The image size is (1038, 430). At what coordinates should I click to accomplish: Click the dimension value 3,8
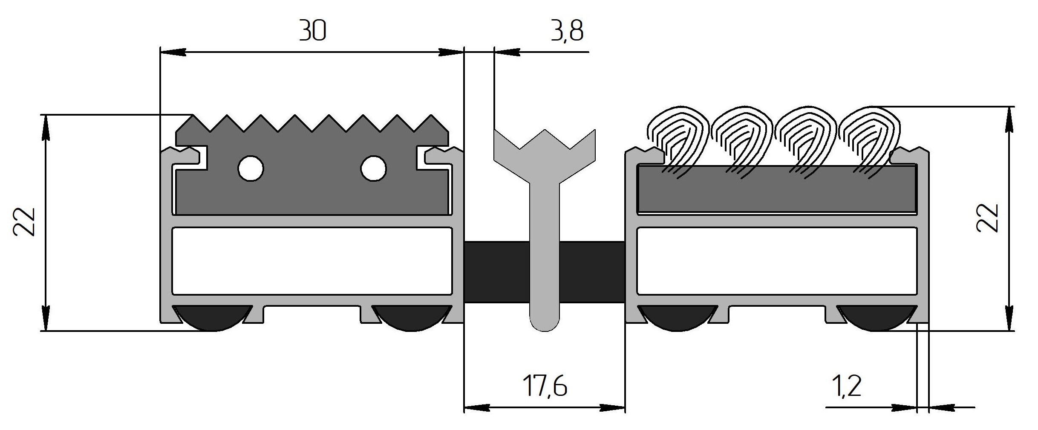pos(566,32)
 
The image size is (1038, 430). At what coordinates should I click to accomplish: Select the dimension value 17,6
pos(545,386)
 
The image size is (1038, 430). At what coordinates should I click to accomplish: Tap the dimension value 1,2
pos(847,386)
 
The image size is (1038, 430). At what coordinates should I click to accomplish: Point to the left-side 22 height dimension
pos(24,222)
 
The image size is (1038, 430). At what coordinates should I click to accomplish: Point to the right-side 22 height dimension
pos(988,218)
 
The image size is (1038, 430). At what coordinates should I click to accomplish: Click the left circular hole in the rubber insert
pos(251,169)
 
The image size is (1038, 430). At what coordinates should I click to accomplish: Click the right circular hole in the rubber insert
pos(373,168)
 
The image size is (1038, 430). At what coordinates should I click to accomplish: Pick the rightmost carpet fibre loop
pos(869,137)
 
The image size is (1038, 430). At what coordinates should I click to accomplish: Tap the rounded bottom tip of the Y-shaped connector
pos(545,324)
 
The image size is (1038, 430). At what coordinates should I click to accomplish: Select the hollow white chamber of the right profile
pos(776,261)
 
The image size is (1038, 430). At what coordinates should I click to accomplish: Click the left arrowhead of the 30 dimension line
pos(170,52)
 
